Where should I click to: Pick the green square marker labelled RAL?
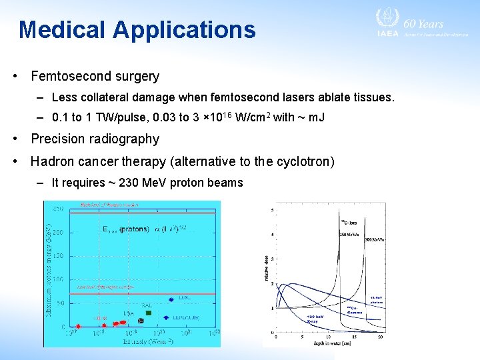coord(149,313)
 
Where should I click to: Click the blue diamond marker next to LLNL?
coord(171,299)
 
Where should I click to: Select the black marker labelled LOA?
coord(141,320)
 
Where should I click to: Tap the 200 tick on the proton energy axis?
coord(59,233)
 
